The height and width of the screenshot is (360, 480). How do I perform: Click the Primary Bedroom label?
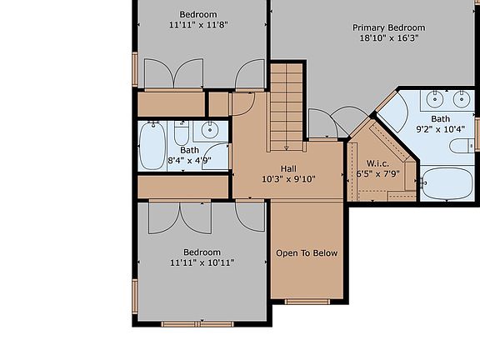tap(388, 27)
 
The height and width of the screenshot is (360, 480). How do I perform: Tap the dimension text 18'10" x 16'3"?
tap(388, 38)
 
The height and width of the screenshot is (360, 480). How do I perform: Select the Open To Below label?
tap(307, 252)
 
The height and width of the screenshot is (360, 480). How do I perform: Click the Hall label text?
tap(288, 168)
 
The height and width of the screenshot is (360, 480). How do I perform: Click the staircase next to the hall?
tap(287, 101)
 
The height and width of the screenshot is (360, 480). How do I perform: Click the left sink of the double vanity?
tap(435, 100)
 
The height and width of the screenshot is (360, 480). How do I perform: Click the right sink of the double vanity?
tap(461, 100)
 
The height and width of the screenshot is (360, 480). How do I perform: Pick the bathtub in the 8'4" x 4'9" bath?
tap(152, 147)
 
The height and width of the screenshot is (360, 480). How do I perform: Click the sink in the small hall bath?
tap(209, 129)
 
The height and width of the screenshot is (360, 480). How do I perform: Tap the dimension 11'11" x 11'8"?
tap(198, 25)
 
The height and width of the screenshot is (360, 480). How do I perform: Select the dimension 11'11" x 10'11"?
tap(202, 263)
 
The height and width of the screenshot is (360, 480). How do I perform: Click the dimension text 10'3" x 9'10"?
tap(288, 179)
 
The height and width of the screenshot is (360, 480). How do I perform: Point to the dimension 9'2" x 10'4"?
tap(433, 129)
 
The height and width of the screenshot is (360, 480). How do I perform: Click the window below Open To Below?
tap(307, 301)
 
